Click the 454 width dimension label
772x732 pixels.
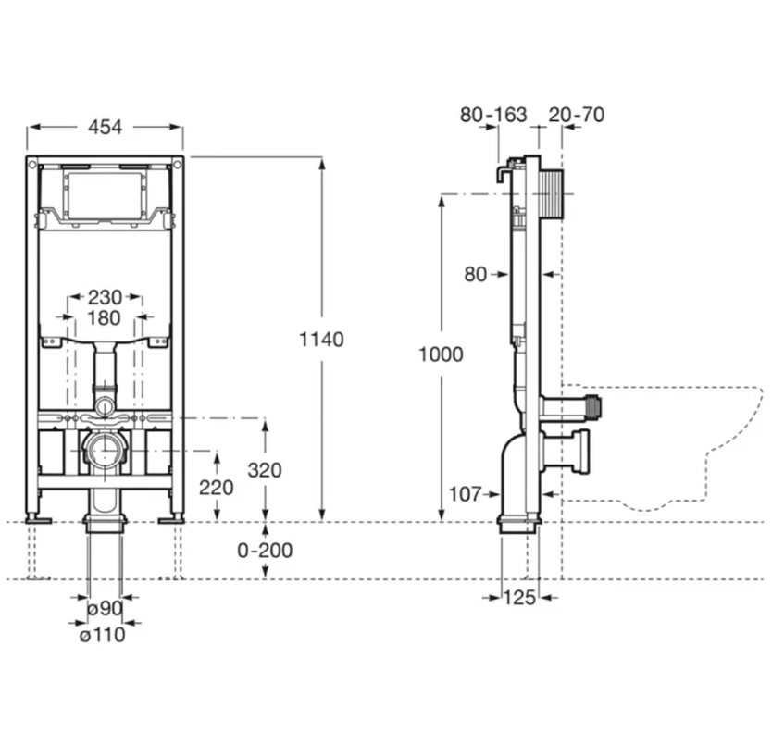[105, 128]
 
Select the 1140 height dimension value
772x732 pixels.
[321, 340]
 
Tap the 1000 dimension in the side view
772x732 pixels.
[441, 354]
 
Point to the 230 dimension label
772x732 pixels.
[105, 297]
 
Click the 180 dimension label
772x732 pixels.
[105, 318]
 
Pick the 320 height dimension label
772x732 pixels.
[265, 469]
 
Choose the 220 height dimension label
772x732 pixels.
[217, 487]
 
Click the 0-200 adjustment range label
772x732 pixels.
[265, 551]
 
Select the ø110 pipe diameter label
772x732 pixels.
[102, 634]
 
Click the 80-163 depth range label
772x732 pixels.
[493, 115]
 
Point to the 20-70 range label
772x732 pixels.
[576, 115]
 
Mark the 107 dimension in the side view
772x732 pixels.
[465, 494]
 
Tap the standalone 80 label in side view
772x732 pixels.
[476, 274]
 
